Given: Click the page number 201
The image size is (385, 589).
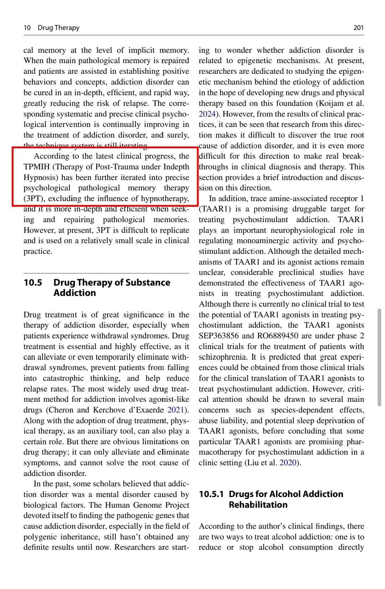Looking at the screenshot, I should [358, 28].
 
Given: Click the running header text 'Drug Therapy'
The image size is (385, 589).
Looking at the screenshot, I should [58, 28].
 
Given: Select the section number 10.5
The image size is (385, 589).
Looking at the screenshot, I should [33, 283].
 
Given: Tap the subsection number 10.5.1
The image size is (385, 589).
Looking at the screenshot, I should [211, 494].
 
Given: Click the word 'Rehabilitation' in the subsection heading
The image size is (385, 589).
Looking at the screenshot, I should [258, 505].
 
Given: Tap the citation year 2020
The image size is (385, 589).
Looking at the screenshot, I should [288, 463].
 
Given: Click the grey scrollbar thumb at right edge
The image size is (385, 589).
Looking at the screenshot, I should [379, 357].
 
